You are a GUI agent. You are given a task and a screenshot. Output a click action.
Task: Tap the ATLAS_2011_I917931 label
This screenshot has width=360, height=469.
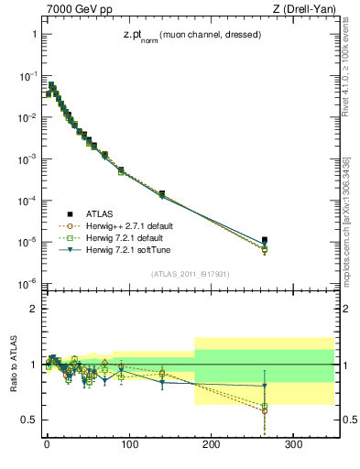coord(190,272)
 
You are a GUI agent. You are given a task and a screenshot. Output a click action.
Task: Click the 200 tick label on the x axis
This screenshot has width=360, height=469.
coord(212,445)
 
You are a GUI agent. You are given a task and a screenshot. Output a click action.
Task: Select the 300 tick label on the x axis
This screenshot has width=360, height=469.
coord(294,445)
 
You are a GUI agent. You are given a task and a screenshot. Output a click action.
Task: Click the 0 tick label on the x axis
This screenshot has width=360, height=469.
coord(47,445)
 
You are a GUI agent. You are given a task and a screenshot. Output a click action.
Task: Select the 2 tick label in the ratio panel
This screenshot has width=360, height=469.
coord(31,309)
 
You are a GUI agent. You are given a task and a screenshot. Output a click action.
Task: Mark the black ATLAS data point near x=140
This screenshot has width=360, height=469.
coord(162,194)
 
